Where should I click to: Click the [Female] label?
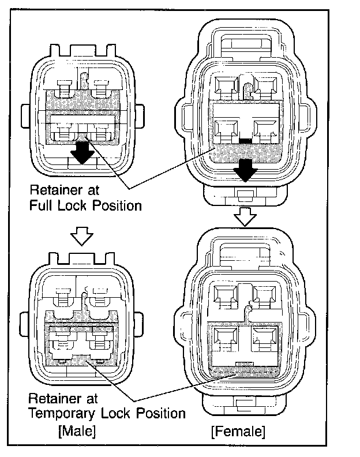click(x=238, y=430)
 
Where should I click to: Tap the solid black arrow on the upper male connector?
click(x=82, y=152)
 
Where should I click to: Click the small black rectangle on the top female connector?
click(x=246, y=141)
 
